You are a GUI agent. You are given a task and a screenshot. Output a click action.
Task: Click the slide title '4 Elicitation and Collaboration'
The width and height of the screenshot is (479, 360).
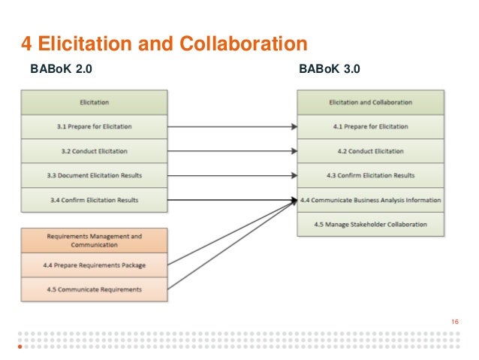click(164, 43)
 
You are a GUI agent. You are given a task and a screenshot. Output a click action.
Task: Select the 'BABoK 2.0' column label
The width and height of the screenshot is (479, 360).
click(62, 71)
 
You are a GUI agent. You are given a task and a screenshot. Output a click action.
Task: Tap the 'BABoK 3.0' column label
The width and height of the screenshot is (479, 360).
click(330, 71)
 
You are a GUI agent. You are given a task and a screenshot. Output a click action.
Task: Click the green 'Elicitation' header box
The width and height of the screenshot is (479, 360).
click(94, 101)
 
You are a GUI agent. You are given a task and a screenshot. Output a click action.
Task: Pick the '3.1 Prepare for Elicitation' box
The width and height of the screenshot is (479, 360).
click(94, 126)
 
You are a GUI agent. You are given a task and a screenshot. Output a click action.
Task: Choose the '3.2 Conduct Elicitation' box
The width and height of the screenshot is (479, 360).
click(94, 151)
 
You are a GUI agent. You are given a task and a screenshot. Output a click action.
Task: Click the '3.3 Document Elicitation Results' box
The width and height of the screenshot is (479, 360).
click(94, 175)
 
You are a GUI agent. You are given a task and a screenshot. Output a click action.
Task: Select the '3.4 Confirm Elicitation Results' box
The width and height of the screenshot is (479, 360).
click(94, 200)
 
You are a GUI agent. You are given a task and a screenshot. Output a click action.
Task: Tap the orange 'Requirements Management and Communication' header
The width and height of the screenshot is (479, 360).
click(94, 241)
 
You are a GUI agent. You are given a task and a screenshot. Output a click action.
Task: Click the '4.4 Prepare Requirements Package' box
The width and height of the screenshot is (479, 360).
click(94, 265)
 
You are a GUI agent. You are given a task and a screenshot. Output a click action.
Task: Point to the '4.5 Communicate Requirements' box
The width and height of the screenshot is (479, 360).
click(94, 289)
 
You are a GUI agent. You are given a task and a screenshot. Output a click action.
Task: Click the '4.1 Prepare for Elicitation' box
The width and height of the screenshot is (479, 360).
click(370, 126)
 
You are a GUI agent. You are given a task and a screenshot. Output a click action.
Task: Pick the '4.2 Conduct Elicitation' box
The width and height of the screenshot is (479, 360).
click(370, 151)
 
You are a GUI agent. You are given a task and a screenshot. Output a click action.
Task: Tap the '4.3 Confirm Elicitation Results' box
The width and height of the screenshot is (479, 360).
click(370, 175)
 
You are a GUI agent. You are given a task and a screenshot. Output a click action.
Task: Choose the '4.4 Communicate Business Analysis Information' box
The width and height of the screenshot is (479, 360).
click(370, 200)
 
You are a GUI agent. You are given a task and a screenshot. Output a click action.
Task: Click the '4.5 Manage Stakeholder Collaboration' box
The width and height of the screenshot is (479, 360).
click(370, 224)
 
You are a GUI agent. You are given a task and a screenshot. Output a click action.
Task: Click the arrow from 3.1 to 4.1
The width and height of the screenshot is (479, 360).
click(233, 126)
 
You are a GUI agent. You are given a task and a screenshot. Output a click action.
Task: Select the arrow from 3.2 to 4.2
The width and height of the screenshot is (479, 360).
click(233, 151)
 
